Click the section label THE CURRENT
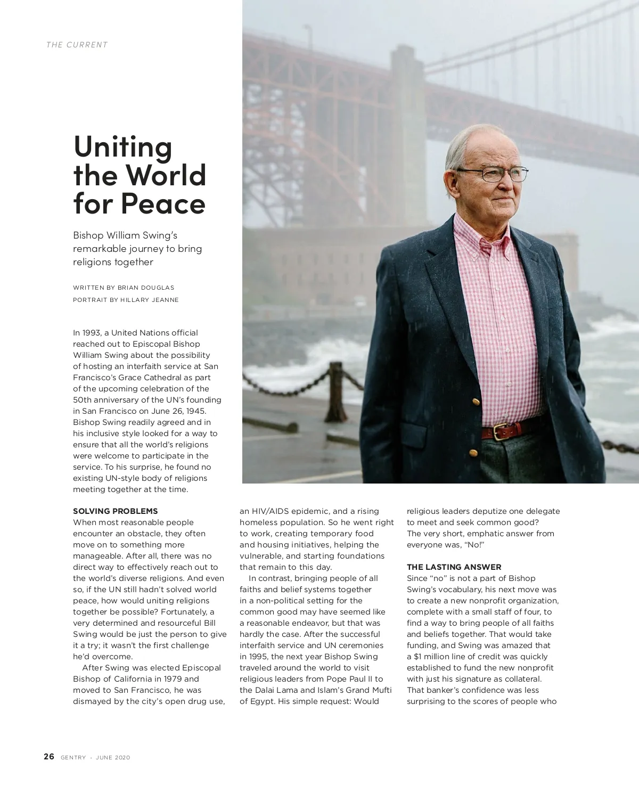pyautogui.click(x=77, y=45)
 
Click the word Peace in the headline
pyautogui.click(x=163, y=203)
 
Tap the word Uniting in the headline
pyautogui.click(x=123, y=146)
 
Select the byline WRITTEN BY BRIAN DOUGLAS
pyautogui.click(x=124, y=288)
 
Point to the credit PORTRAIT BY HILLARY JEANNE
pyautogui.click(x=126, y=300)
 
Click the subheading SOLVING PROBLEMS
pyautogui.click(x=115, y=511)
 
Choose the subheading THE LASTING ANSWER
pyautogui.click(x=454, y=567)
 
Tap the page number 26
pyautogui.click(x=49, y=757)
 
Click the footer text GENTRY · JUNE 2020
pyautogui.click(x=95, y=758)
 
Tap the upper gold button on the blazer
pyautogui.click(x=476, y=398)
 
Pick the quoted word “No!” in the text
pyautogui.click(x=472, y=545)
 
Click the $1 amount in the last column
pyautogui.click(x=419, y=657)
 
